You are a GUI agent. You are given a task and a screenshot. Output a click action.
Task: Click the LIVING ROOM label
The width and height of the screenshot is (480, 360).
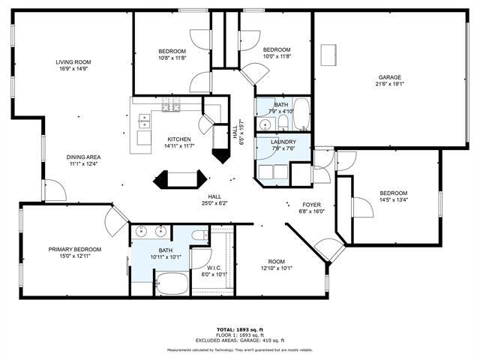[73, 62]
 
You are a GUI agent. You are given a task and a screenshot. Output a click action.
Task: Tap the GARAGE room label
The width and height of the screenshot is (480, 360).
[389, 77]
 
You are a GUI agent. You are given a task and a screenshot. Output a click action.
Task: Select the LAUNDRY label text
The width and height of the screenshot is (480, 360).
[283, 142]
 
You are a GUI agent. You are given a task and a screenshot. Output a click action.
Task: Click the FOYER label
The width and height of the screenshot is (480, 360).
[311, 204]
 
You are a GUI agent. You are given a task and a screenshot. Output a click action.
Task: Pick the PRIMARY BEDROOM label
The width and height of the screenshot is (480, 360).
[75, 249]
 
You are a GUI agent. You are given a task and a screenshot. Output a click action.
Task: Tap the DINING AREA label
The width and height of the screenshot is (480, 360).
[85, 157]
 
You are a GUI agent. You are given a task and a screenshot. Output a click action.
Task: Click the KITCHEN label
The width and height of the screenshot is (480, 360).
[178, 139]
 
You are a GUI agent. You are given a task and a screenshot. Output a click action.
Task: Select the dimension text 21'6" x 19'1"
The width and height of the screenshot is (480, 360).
[389, 85]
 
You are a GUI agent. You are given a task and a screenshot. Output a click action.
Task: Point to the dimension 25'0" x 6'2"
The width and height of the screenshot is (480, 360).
[214, 202]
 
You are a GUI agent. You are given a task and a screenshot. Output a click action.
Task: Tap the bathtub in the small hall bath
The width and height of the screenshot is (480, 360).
[301, 115]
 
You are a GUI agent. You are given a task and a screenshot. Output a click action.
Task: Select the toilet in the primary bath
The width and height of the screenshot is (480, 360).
[198, 237]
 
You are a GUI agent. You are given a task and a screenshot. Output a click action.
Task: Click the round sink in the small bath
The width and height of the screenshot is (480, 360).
[265, 124]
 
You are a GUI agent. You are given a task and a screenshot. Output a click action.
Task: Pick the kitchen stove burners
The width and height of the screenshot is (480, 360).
[171, 105]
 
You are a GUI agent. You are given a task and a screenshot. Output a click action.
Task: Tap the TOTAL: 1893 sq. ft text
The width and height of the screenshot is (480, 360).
[241, 329]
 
